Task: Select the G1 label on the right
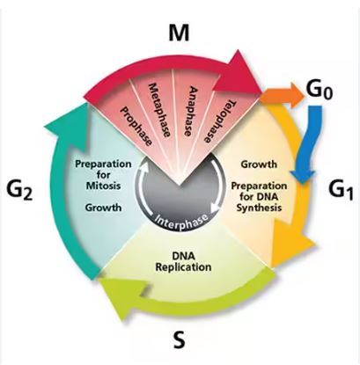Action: click(340, 186)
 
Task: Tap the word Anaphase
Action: click(191, 113)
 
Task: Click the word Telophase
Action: click(220, 121)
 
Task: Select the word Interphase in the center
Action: click(185, 218)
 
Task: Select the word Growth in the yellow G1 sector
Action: click(259, 164)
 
